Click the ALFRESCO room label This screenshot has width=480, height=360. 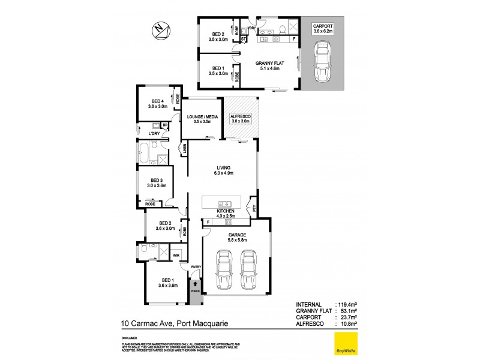241,118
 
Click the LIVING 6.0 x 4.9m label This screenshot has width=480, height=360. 223,170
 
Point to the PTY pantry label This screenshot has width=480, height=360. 254,209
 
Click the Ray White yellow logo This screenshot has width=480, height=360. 344,344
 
